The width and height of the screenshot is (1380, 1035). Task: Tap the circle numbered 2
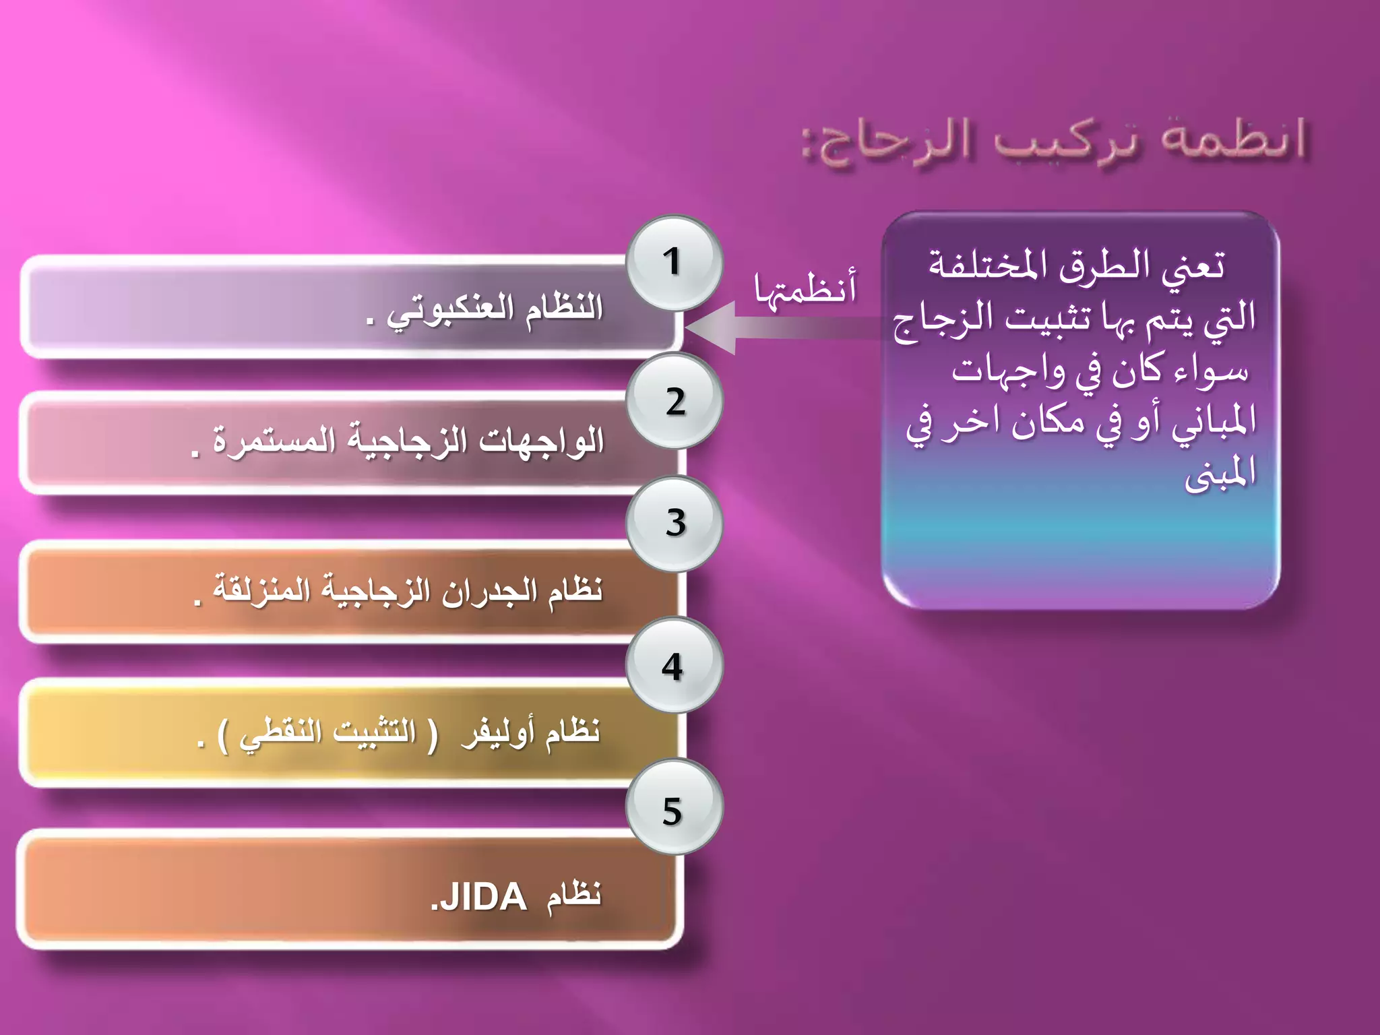coord(674,402)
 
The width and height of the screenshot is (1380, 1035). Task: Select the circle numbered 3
coord(674,524)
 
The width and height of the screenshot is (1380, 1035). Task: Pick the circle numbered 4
coord(674,666)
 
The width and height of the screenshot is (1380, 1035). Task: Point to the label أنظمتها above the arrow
coord(805,288)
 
